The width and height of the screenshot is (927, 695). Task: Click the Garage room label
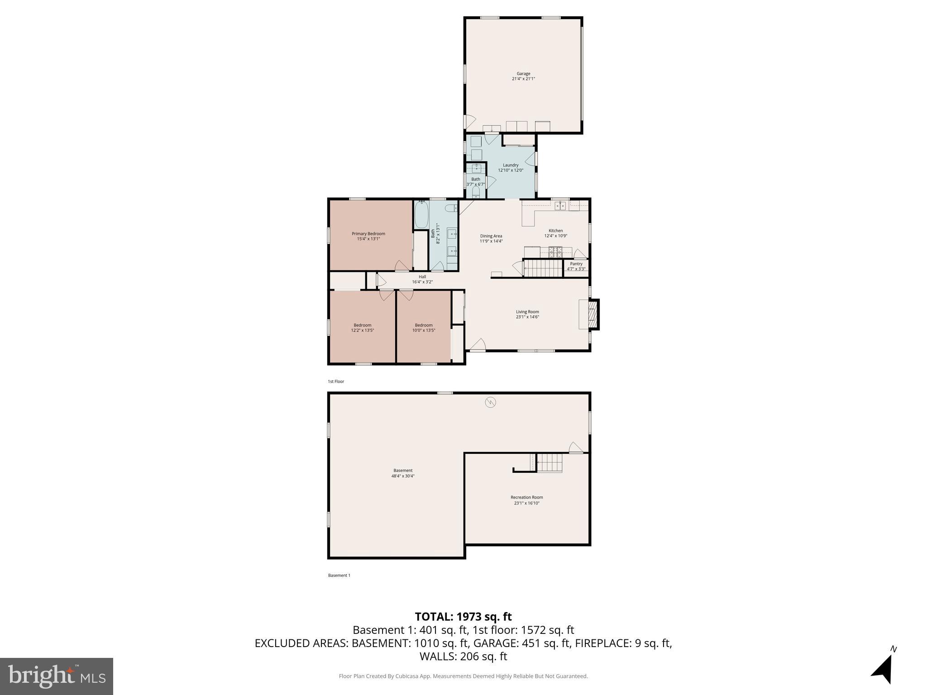523,74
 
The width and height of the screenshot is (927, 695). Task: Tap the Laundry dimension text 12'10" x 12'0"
511,171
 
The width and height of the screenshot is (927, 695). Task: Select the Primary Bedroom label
368,234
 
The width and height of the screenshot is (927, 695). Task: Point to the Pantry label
576,264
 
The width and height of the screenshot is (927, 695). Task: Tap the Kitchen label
555,231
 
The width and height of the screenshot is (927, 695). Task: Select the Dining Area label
491,236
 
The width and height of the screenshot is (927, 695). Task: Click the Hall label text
422,277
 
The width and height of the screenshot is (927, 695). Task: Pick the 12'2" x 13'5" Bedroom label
362,325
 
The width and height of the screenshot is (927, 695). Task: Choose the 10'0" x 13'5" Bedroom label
424,325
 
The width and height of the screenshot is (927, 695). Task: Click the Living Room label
527,312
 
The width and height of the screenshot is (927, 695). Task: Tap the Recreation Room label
526,497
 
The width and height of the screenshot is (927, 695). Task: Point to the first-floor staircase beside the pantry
543,267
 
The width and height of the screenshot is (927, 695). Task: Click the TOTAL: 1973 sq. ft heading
463,617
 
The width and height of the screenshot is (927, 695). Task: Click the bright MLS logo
57,676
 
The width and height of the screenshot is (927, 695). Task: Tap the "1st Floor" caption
336,381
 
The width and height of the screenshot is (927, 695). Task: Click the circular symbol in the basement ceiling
490,402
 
